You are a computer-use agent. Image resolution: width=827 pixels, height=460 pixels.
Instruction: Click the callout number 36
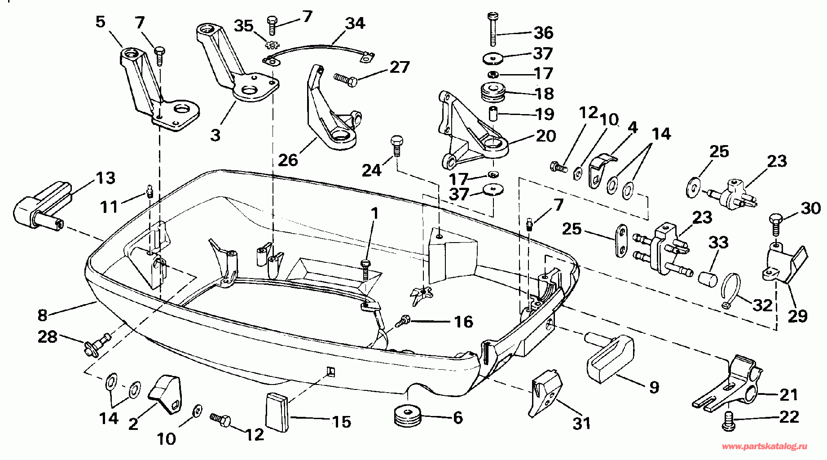[x=543, y=32]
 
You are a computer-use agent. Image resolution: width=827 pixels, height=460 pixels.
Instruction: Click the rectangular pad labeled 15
[x=277, y=412]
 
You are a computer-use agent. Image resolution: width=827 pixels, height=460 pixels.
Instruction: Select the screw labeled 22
[x=729, y=421]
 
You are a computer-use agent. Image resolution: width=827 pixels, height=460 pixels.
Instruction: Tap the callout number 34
[x=355, y=22]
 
